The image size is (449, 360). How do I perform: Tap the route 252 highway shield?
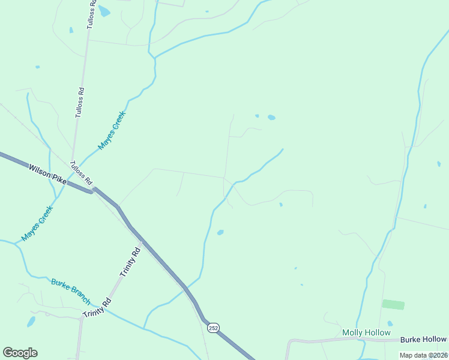213,328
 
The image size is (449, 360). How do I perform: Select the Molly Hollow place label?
366,332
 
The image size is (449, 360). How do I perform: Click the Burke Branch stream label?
71,291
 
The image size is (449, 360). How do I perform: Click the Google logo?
20,353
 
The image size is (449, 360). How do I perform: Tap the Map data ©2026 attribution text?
423,355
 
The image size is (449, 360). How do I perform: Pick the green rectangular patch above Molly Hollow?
393,305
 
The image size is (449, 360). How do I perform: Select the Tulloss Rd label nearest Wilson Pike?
81,173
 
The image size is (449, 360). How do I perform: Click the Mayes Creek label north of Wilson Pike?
112,130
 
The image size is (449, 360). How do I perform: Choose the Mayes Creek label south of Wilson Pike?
37,223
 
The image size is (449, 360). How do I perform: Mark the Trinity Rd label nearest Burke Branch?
98,308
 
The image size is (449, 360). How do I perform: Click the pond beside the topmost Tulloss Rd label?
104,11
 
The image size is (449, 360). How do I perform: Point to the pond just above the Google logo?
31,322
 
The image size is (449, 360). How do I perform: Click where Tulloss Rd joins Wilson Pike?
92,191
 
